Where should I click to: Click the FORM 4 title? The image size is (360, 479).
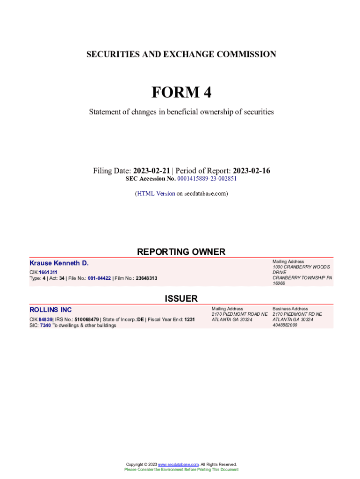tap(181, 93)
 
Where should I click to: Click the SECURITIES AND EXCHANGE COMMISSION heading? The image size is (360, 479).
tap(181, 54)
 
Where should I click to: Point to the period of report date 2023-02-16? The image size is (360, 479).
tap(252, 171)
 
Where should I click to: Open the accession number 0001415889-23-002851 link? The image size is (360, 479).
tap(207, 179)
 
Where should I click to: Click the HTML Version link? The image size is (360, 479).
tap(156, 193)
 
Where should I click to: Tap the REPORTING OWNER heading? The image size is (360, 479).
tap(181, 252)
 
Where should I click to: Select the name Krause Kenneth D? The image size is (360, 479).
tap(59, 263)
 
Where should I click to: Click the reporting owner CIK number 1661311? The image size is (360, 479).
tap(48, 272)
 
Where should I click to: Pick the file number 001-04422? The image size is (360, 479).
tap(99, 278)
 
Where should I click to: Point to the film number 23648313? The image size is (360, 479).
tap(146, 278)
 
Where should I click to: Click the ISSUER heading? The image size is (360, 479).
tap(181, 298)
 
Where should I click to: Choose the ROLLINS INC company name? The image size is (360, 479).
tap(50, 310)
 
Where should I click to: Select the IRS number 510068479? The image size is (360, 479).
tap(87, 319)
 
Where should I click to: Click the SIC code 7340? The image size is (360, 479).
tap(45, 326)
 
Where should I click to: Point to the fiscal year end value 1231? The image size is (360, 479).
tap(189, 319)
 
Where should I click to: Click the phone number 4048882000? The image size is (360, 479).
tap(285, 326)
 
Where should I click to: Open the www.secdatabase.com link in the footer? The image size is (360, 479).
tap(179, 464)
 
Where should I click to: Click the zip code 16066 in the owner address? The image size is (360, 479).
tap(279, 283)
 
